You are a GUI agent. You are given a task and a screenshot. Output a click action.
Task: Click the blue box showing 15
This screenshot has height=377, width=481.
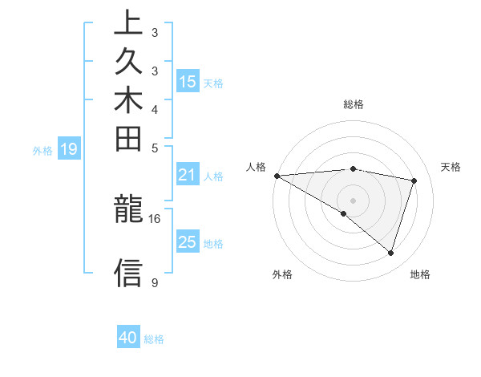tap(188, 81)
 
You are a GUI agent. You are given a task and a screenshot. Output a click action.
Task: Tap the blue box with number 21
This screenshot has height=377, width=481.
tap(188, 175)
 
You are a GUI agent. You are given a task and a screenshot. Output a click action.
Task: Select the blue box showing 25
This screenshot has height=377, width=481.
tap(188, 242)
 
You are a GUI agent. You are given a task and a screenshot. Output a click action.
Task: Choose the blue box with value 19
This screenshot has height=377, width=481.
tap(70, 148)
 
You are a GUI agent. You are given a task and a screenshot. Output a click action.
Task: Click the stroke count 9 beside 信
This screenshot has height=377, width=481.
tap(154, 283)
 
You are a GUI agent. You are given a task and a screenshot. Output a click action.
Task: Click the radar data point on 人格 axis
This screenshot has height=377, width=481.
tap(277, 175)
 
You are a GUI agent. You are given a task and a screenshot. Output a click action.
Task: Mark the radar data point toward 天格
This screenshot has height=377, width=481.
tap(414, 180)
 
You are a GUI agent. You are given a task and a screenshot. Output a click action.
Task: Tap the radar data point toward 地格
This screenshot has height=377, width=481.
tap(390, 253)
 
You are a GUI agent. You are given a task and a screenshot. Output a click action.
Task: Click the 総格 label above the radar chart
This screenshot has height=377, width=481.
tap(354, 104)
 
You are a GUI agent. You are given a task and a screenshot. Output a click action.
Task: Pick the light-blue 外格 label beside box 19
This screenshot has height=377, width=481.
tap(42, 149)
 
